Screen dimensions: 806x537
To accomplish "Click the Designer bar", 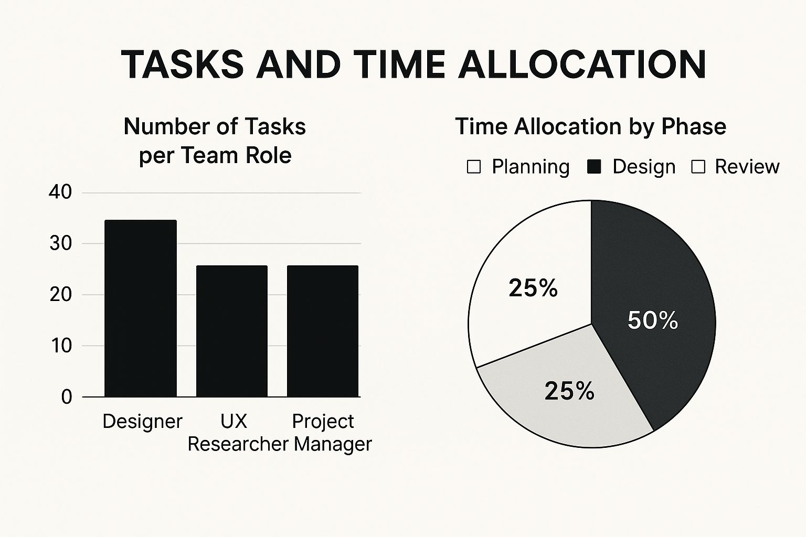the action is coord(140,308).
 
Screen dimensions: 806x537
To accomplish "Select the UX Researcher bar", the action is coord(232,331).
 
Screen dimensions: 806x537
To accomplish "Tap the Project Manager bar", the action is coord(323,331).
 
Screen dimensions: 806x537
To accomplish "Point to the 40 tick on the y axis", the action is coord(60,192).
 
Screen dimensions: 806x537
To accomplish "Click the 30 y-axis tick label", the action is coord(61,244).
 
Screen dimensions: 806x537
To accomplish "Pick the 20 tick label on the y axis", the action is coord(61,295).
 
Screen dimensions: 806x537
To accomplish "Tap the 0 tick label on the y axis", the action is coord(67,398).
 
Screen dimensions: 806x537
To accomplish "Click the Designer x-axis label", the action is coord(143,422).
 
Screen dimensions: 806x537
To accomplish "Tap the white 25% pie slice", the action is coord(533,288).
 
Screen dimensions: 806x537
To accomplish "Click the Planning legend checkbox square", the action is coord(473,167).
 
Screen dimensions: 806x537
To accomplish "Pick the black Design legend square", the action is coord(593,167).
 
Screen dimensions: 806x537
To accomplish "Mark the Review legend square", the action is coord(698,167).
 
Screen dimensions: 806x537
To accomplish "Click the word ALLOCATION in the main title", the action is coord(582,65).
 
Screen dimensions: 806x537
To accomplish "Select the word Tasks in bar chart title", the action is coord(275,126).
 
